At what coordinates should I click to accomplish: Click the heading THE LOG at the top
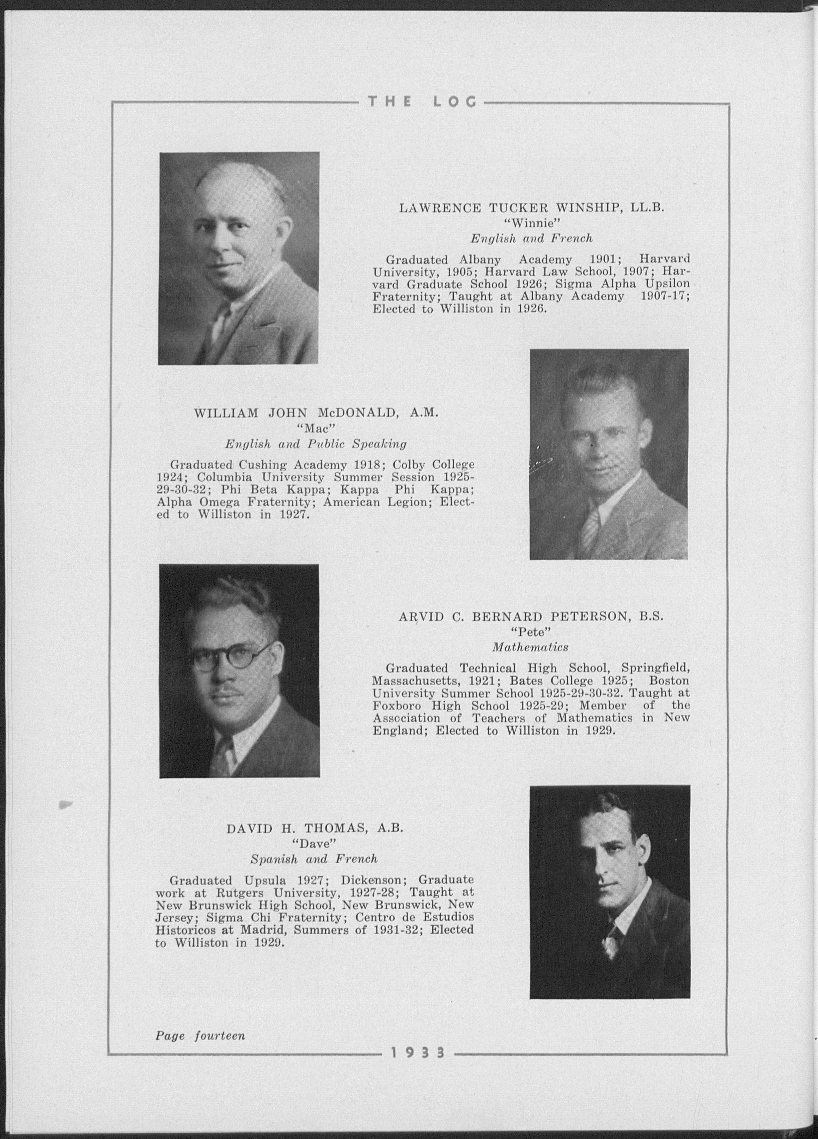point(422,103)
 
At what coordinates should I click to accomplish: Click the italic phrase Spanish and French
point(314,859)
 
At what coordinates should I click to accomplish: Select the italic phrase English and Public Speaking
point(315,444)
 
